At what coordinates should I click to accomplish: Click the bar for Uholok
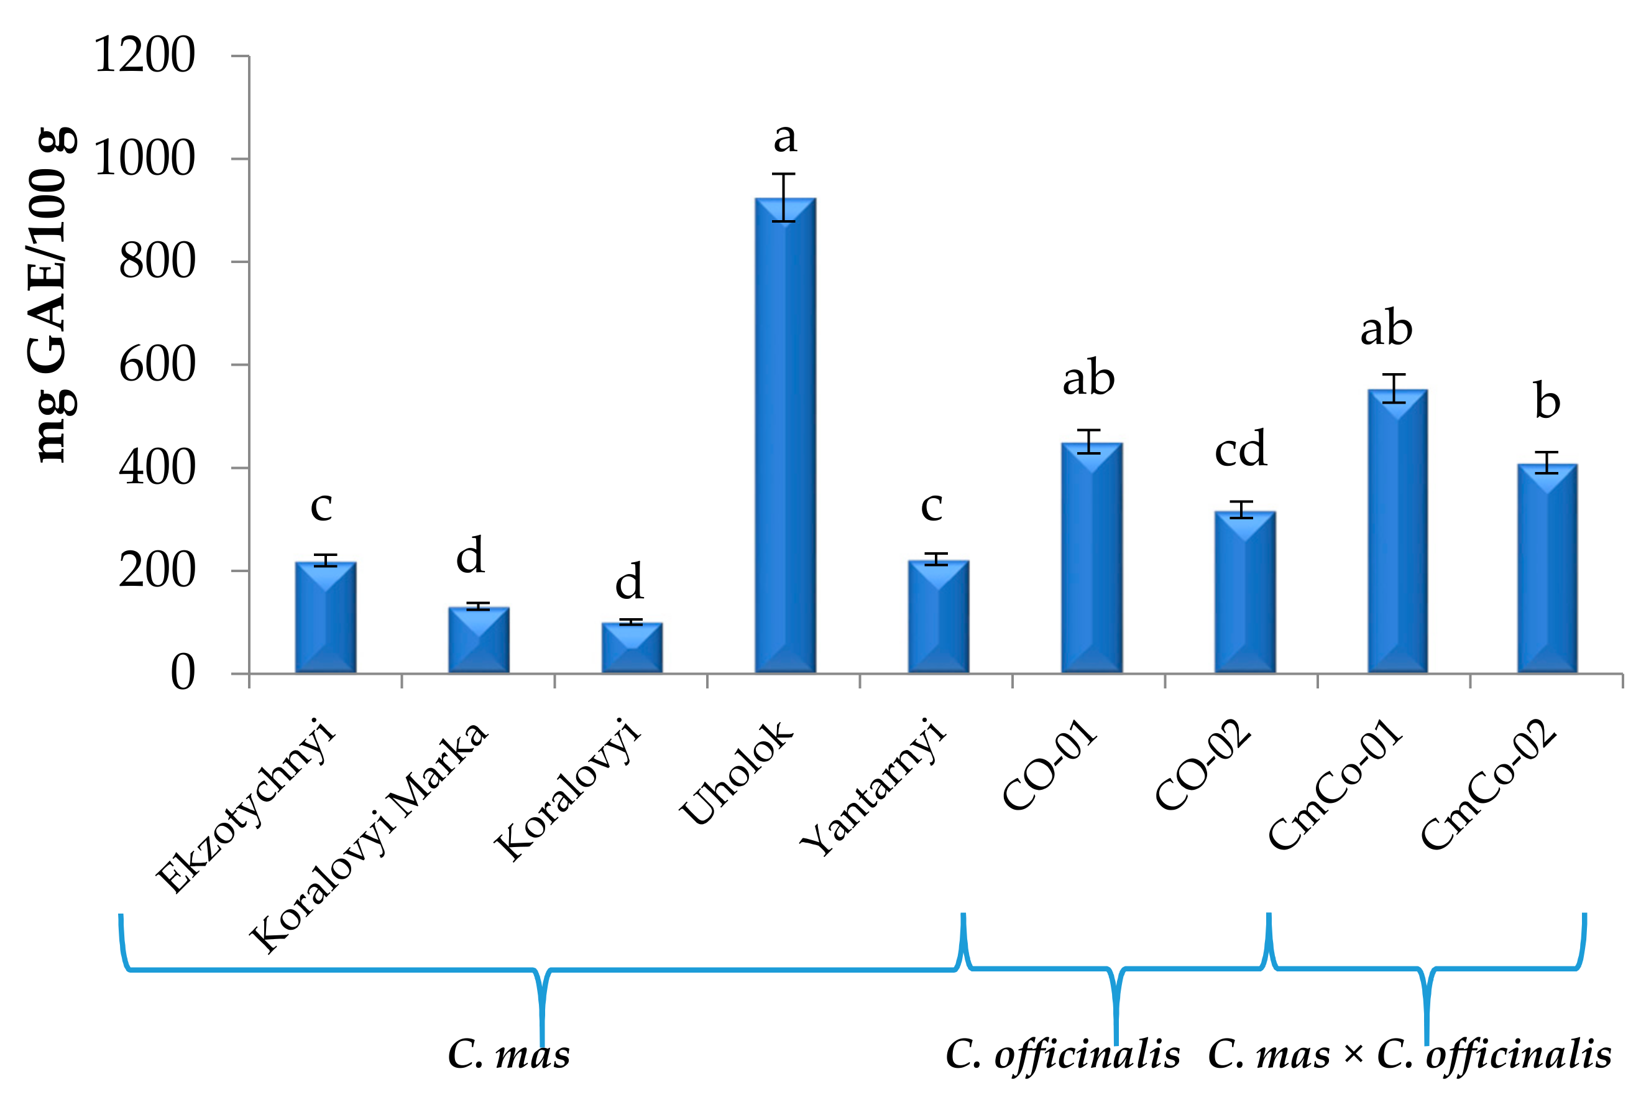pyautogui.click(x=784, y=436)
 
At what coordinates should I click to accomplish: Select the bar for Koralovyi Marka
pyautogui.click(x=479, y=639)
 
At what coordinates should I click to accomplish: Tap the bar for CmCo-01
pyautogui.click(x=1397, y=531)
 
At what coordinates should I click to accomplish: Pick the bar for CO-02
pyautogui.click(x=1245, y=592)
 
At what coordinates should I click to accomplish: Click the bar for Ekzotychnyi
pyautogui.click(x=325, y=617)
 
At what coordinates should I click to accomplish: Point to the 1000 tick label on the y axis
pyautogui.click(x=144, y=158)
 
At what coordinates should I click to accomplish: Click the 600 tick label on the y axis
pyautogui.click(x=157, y=365)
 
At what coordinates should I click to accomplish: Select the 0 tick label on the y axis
pyautogui.click(x=183, y=673)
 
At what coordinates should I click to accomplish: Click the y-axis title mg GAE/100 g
pyautogui.click(x=50, y=295)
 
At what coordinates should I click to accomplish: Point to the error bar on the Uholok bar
pyautogui.click(x=783, y=198)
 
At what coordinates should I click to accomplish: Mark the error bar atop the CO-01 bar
pyautogui.click(x=1088, y=442)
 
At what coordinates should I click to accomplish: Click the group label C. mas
pyautogui.click(x=508, y=1055)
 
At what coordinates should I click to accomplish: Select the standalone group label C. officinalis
pyautogui.click(x=1062, y=1055)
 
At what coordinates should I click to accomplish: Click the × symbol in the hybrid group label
pyautogui.click(x=1353, y=1055)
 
